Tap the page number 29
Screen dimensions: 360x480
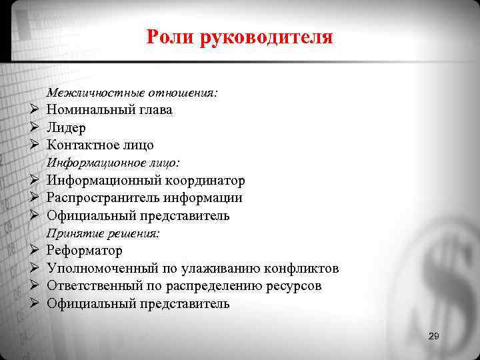[433, 337]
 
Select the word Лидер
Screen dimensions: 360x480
[66, 127]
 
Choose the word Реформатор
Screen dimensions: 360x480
[85, 251]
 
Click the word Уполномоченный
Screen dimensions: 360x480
[99, 269]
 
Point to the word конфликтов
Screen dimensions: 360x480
[301, 269]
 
